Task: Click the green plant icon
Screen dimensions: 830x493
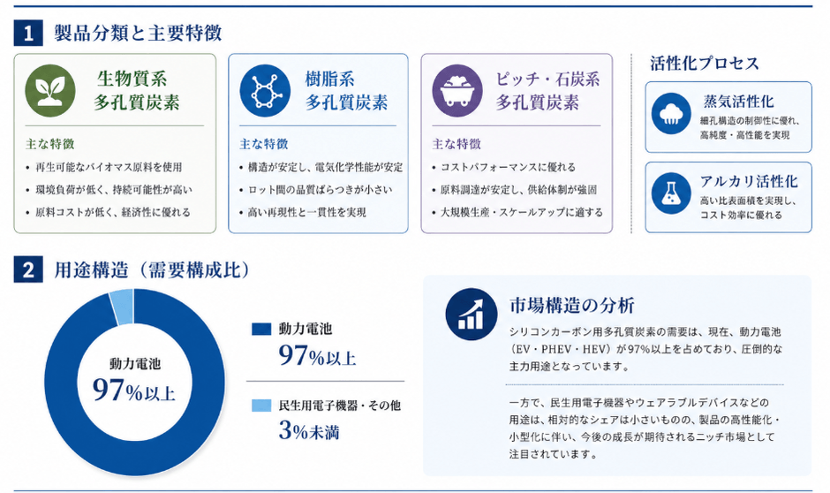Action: pos(50,90)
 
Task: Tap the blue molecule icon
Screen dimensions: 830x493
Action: pos(265,90)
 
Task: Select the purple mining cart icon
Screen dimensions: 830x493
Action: pos(457,90)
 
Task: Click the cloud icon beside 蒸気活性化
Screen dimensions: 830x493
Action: pos(671,114)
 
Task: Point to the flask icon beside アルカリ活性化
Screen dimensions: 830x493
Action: pos(671,193)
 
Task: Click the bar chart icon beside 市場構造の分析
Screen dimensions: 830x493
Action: pos(472,314)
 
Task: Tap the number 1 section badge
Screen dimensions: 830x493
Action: pos(28,34)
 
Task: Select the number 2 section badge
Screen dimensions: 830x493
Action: pos(28,270)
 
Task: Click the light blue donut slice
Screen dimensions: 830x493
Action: pos(122,307)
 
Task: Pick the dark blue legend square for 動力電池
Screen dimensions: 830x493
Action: pos(261,329)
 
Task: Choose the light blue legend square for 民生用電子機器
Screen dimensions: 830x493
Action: pos(261,406)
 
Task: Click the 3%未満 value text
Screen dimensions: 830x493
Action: pos(309,430)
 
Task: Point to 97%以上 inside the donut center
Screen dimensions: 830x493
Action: pos(134,391)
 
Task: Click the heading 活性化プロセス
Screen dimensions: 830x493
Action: pos(705,64)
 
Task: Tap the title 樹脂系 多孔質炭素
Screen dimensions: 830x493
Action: pos(346,90)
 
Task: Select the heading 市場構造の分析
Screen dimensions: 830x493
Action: pos(571,305)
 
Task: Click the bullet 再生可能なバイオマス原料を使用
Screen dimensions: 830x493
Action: pos(109,167)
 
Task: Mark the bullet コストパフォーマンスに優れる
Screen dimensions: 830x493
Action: pos(509,167)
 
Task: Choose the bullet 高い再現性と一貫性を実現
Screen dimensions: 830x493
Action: pos(307,212)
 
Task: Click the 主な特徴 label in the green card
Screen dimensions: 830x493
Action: pos(50,144)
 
